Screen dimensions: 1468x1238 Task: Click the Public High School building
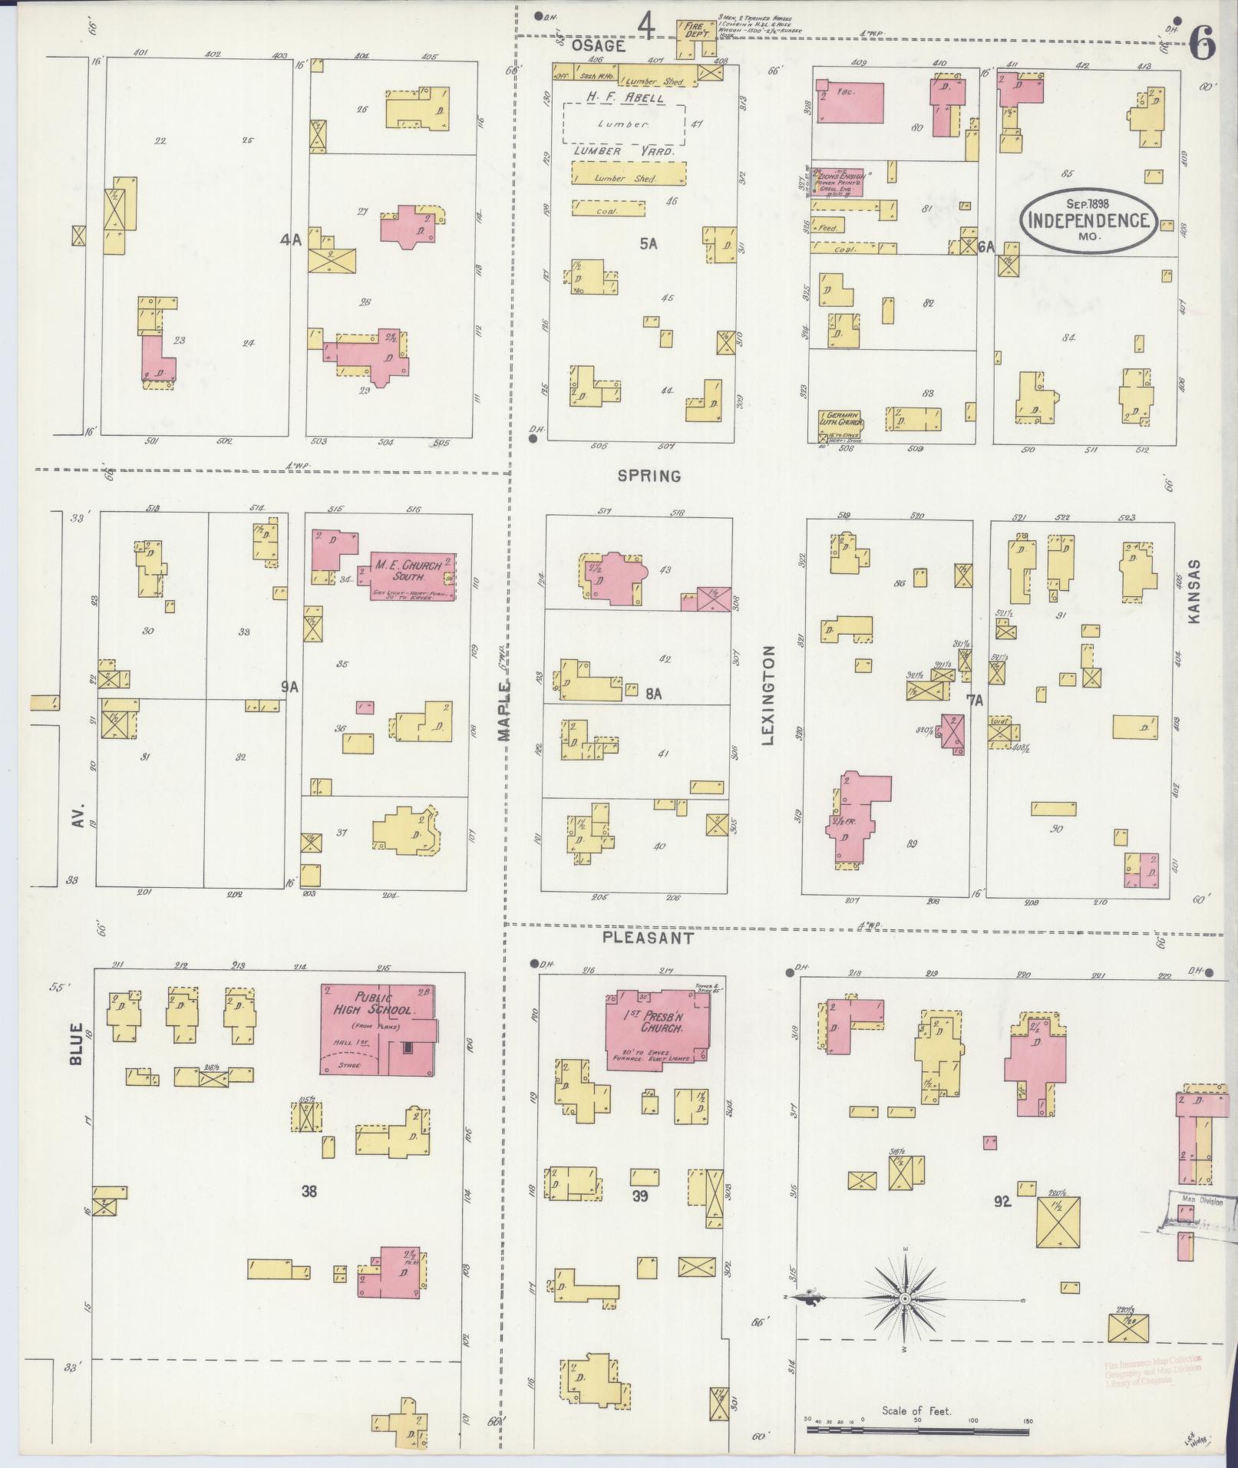pyautogui.click(x=376, y=1029)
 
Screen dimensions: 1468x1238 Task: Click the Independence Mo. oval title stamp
pyautogui.click(x=1088, y=220)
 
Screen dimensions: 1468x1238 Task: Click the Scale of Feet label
pyautogui.click(x=916, y=1410)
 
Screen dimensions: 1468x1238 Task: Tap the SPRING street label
pyautogui.click(x=649, y=476)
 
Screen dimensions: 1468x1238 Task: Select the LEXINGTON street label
pyautogui.click(x=768, y=695)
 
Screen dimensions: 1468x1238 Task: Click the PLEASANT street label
pyautogui.click(x=648, y=938)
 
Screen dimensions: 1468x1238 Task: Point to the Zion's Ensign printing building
pyautogui.click(x=837, y=181)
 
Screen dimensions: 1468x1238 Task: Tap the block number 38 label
pyautogui.click(x=309, y=1191)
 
